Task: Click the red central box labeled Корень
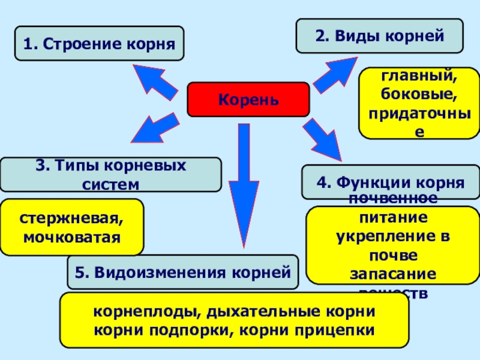coord(248,99)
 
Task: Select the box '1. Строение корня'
coord(100,43)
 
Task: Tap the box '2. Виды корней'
coord(379,35)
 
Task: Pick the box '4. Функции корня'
coord(391,181)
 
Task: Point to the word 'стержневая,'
coord(72,218)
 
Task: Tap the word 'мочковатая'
coord(72,237)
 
